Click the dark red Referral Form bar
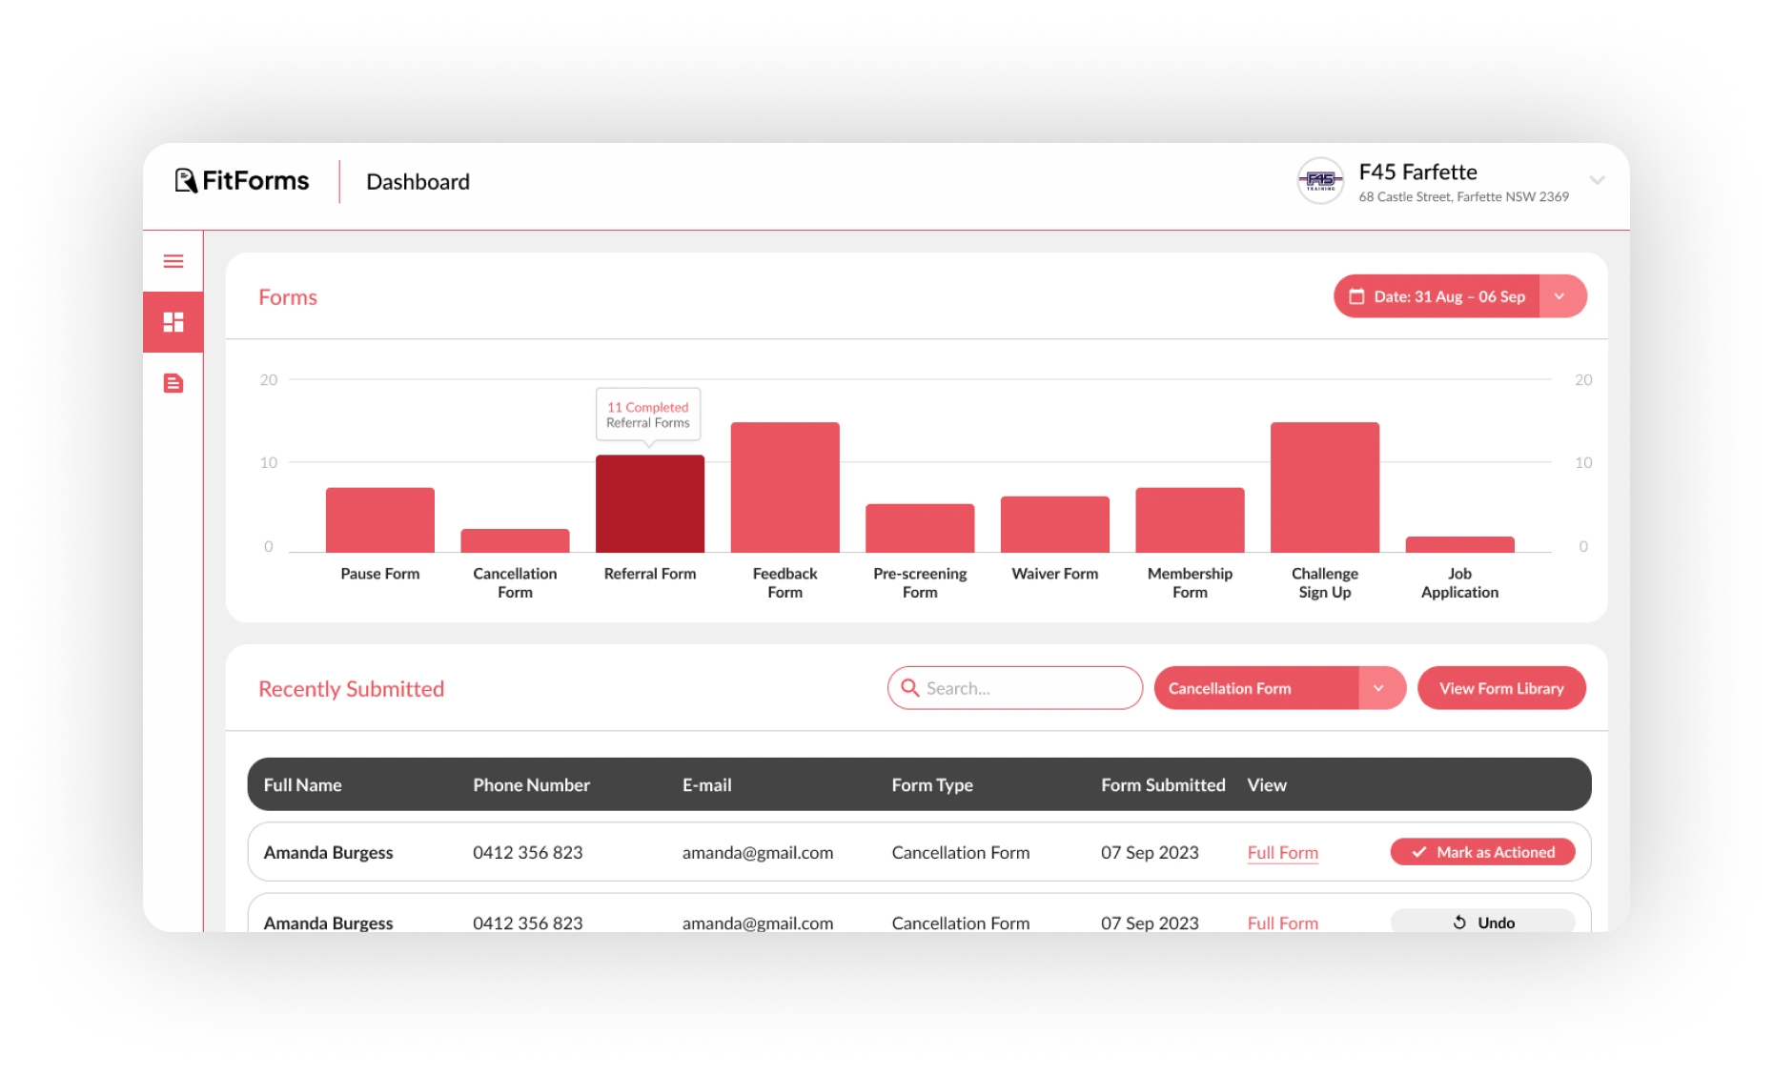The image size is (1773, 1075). (x=650, y=503)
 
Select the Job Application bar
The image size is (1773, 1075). (x=1459, y=544)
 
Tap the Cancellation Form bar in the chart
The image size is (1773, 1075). (x=515, y=540)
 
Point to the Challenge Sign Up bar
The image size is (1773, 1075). (x=1325, y=487)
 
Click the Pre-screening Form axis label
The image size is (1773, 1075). (x=920, y=582)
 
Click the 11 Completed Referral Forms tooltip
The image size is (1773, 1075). (x=648, y=415)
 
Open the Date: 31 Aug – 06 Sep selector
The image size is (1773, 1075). (x=1459, y=296)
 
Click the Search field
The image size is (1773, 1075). (x=1015, y=688)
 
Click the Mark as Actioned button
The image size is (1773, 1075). (x=1482, y=852)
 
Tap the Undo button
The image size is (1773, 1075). (x=1482, y=922)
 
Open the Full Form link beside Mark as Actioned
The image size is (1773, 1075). (x=1282, y=853)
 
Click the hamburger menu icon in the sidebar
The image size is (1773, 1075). (x=173, y=261)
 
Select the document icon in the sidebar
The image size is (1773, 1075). (x=173, y=383)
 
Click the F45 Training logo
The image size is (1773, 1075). (x=1320, y=180)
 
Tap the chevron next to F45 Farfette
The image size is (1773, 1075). (x=1598, y=180)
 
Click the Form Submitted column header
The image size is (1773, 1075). (x=1163, y=785)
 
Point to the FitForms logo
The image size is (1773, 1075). (x=242, y=181)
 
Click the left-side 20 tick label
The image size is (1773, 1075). (x=269, y=380)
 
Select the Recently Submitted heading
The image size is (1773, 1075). (x=351, y=689)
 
